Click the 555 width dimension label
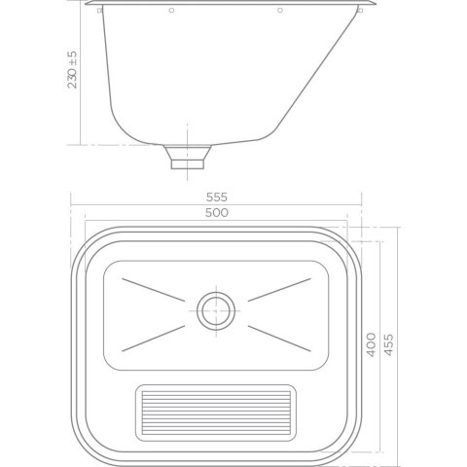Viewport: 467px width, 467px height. pos(217,197)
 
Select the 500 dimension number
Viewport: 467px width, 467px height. pos(217,212)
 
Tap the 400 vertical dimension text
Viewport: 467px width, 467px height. pos(371,344)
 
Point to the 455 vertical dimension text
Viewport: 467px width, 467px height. pos(388,344)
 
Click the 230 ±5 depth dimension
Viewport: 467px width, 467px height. pos(72,70)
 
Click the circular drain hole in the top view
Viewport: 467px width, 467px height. pos(216,310)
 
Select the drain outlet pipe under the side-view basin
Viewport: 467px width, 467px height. pos(188,158)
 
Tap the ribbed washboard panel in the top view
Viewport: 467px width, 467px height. pos(216,413)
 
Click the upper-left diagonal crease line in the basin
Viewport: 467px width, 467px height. pos(153,290)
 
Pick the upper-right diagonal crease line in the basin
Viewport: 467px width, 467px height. pos(279,290)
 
